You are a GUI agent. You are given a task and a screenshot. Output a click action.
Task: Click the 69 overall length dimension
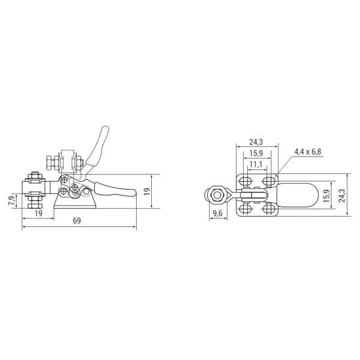tap(77, 221)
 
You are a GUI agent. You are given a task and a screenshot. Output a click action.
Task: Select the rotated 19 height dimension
tap(147, 191)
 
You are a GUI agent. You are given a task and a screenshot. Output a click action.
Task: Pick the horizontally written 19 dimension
tap(38, 213)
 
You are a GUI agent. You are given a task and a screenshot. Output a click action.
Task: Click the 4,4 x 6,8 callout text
tap(308, 152)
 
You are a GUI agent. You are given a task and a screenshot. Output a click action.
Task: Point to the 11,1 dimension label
tap(256, 164)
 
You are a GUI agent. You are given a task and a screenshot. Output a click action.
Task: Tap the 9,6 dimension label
tap(217, 214)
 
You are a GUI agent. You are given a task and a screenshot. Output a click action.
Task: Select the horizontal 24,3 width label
tap(256, 142)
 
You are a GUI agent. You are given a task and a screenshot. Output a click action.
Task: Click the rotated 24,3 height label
tap(343, 196)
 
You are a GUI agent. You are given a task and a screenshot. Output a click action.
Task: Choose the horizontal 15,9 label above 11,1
tap(256, 153)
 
